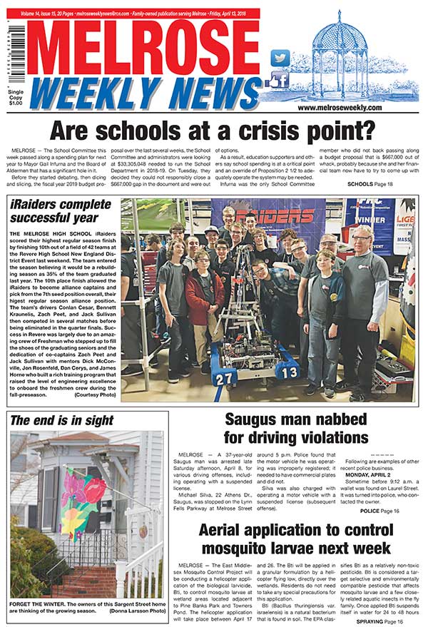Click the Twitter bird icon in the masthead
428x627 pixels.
[x=281, y=58]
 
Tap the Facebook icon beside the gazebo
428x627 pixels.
[x=280, y=79]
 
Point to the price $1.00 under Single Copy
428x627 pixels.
[x=15, y=104]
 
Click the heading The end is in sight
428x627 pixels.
[x=53, y=420]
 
